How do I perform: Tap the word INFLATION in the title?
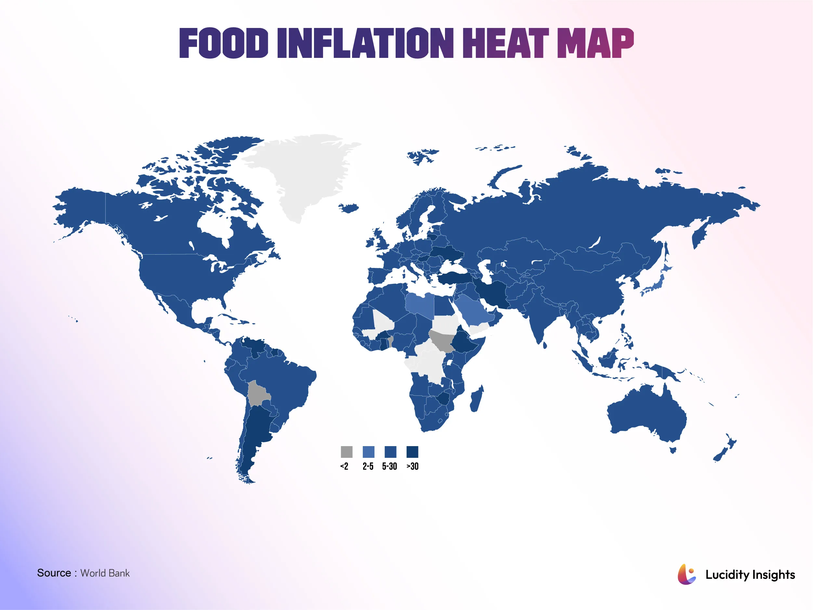pos(365,43)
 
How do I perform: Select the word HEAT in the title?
pos(505,43)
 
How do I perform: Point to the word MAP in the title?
pos(596,43)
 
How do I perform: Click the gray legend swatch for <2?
pos(347,452)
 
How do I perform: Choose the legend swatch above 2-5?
pos(368,452)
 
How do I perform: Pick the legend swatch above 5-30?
pos(390,452)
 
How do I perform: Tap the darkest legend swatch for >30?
pos(413,452)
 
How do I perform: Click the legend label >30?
pos(413,467)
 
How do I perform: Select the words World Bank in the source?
pos(105,573)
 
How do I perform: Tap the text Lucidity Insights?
pos(750,575)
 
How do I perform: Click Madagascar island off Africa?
pos(477,399)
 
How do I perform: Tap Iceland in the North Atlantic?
pos(349,208)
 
